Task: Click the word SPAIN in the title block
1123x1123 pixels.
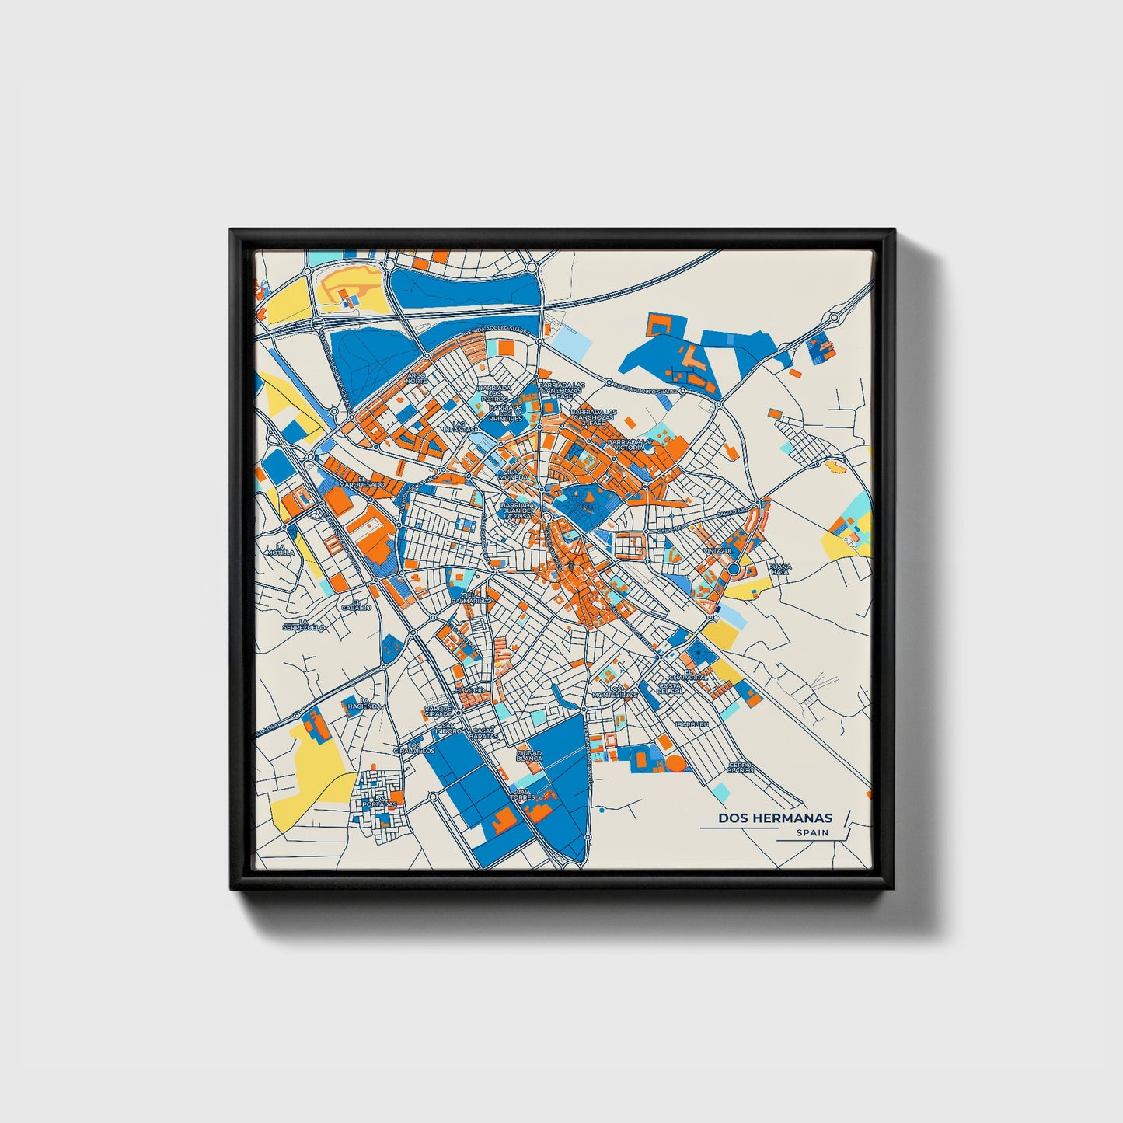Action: point(812,832)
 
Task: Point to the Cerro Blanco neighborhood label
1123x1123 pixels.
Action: point(741,767)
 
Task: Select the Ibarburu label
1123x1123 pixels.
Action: point(692,724)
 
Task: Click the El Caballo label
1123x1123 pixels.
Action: point(361,604)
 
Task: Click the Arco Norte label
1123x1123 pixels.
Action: point(417,378)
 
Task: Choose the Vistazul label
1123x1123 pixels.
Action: point(717,551)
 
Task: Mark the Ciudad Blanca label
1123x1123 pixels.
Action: point(529,755)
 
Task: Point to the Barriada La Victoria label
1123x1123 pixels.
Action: point(628,445)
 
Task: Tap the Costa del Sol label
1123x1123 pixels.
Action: point(668,688)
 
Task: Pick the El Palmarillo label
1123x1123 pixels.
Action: point(472,598)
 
